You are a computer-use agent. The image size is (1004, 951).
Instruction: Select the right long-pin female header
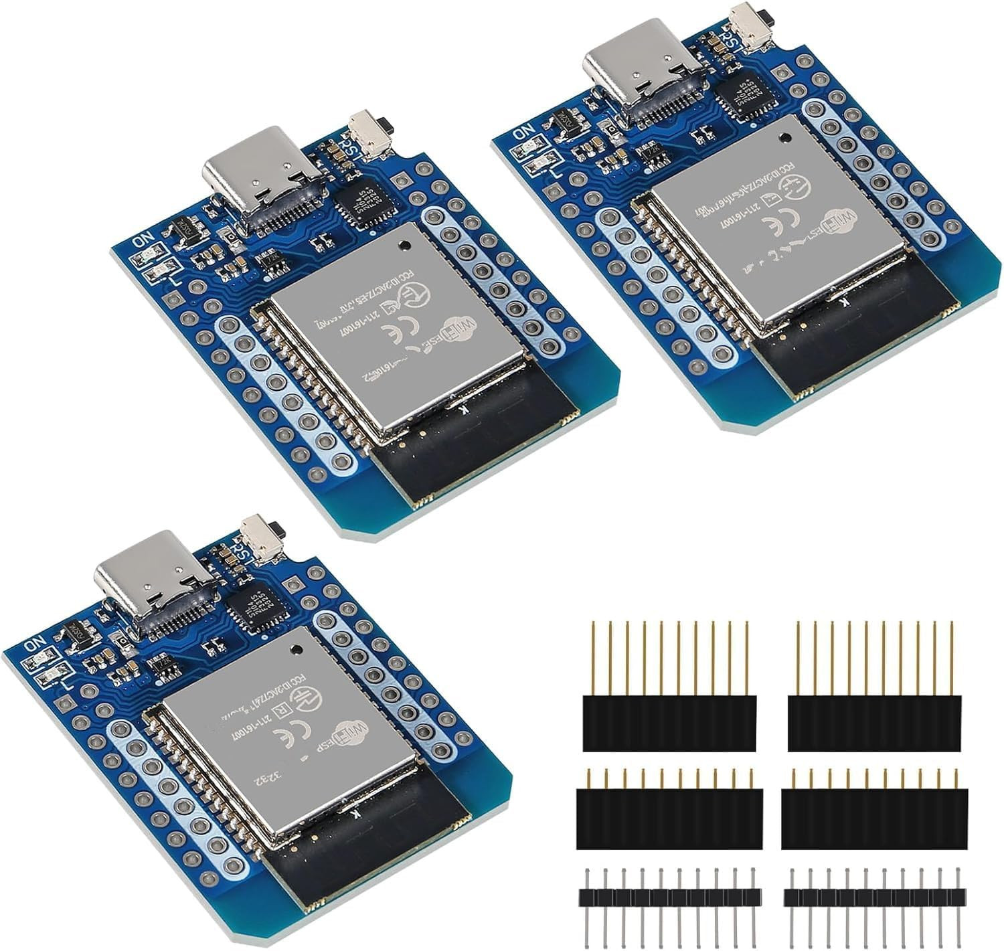(875, 723)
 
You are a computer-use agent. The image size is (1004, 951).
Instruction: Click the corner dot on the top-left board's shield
(403, 244)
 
